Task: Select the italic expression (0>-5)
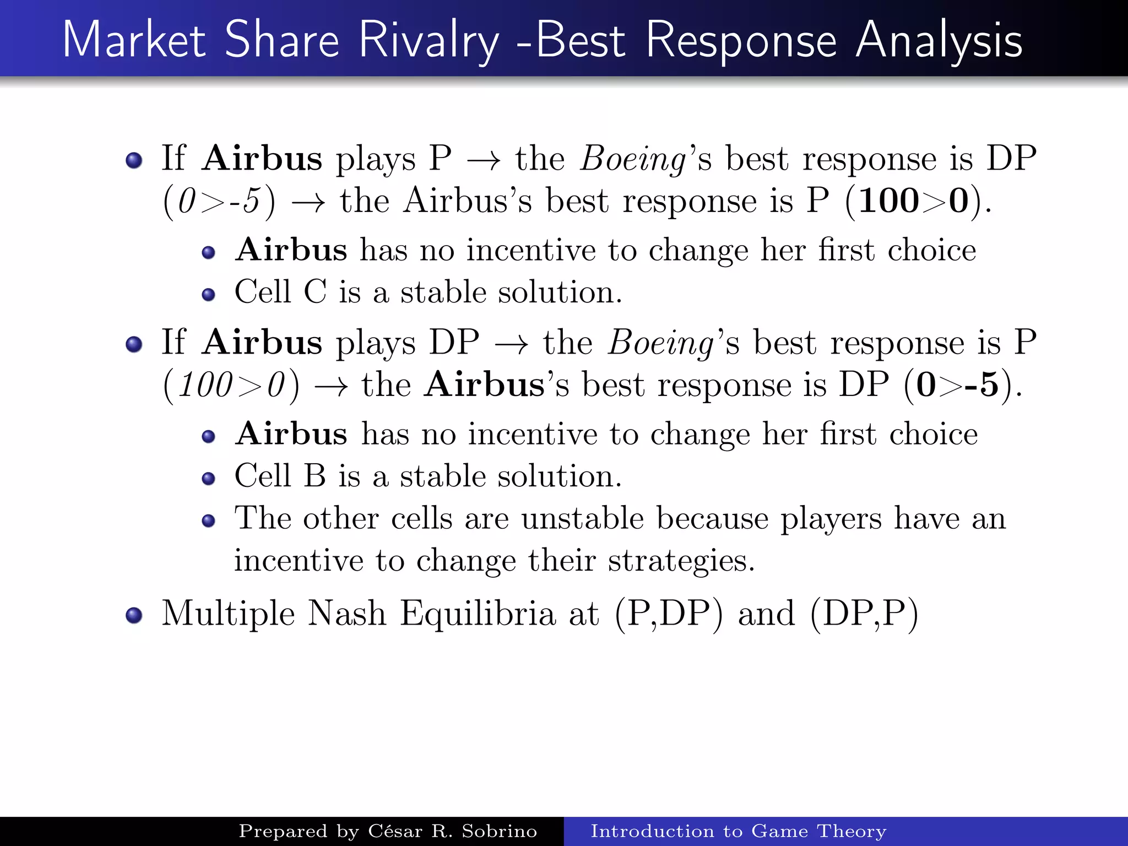tap(219, 201)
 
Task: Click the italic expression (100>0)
tap(231, 384)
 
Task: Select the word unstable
tap(582, 518)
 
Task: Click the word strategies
tap(681, 561)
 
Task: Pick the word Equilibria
tap(478, 614)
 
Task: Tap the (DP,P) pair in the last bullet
tap(864, 614)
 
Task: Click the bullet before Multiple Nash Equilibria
tap(134, 615)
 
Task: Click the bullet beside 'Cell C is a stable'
tap(208, 295)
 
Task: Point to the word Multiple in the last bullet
tap(227, 614)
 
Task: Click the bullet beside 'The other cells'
tap(208, 520)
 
